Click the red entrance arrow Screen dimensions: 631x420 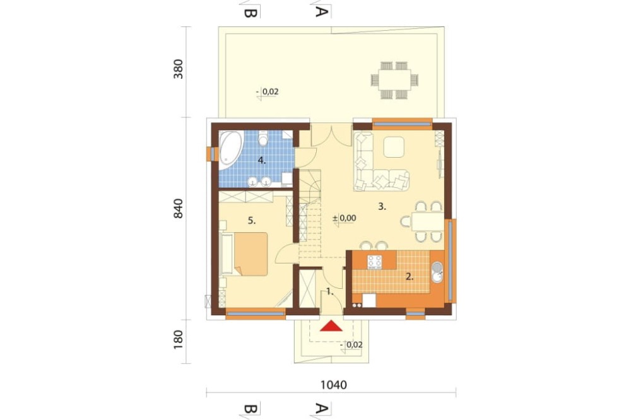[331, 326]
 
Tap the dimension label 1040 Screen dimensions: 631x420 [333, 385]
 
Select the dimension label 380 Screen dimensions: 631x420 [179, 69]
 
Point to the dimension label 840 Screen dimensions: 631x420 [179, 208]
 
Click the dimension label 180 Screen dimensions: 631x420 [179, 339]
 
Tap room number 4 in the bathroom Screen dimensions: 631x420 [262, 161]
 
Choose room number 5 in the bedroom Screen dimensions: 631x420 [252, 221]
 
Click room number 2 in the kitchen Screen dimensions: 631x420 [410, 276]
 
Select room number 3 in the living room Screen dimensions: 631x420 [382, 207]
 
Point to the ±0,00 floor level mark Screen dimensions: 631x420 [345, 218]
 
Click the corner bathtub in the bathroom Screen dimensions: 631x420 [230, 148]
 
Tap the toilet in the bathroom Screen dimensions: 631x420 [264, 138]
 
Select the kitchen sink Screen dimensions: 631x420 [437, 272]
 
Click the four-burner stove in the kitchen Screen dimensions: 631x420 [375, 262]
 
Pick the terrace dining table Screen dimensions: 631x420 [394, 79]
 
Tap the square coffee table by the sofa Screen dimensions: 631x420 [394, 147]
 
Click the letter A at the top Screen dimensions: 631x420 [320, 11]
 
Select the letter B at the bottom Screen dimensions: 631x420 [251, 409]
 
